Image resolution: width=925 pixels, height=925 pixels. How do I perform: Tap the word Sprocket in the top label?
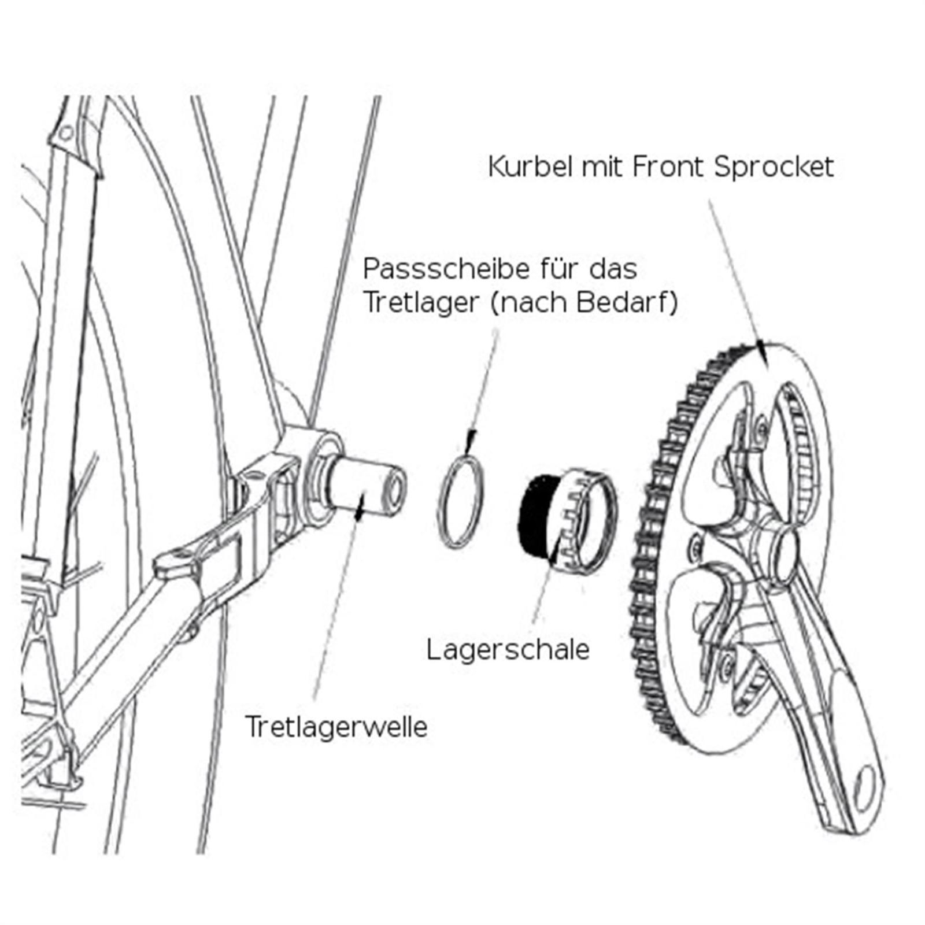tap(774, 167)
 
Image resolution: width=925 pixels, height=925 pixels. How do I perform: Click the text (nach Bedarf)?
tap(584, 302)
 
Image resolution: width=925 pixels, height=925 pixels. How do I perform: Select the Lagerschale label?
tap(508, 649)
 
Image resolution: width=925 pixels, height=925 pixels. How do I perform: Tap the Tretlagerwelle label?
tap(336, 726)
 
